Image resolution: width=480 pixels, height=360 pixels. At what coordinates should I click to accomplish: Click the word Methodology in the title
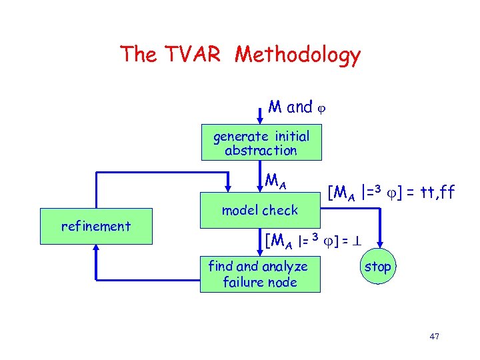(297, 55)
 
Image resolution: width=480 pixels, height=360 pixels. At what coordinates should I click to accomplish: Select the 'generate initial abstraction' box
(261, 143)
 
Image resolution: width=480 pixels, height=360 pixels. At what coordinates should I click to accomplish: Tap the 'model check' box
(260, 210)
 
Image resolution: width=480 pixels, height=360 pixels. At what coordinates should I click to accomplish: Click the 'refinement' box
(96, 226)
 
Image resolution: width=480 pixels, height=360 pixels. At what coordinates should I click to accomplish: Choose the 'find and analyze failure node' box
(259, 274)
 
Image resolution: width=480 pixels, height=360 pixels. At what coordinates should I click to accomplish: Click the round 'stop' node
(378, 267)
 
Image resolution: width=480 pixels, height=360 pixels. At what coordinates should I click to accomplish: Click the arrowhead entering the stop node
(379, 249)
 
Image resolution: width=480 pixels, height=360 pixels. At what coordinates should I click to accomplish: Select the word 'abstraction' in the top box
(261, 151)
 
